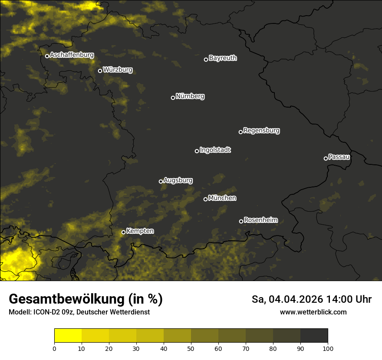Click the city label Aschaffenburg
pyautogui.click(x=72, y=55)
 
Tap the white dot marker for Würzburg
pyautogui.click(x=100, y=71)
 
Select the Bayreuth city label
pyautogui.click(x=223, y=58)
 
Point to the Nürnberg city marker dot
pyautogui.click(x=173, y=98)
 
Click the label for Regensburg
pyautogui.click(x=261, y=131)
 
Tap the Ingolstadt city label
pyautogui.click(x=215, y=150)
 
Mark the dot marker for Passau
pyautogui.click(x=326, y=158)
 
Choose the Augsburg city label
pyautogui.click(x=178, y=180)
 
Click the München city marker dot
pyautogui.click(x=205, y=199)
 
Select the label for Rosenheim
pyautogui.click(x=260, y=220)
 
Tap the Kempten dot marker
pyautogui.click(x=123, y=232)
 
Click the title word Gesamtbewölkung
pyautogui.click(x=65, y=299)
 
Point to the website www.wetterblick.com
pyautogui.click(x=313, y=312)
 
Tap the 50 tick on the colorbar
pyautogui.click(x=191, y=348)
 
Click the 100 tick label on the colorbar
pyautogui.click(x=328, y=348)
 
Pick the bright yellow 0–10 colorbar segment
pyautogui.click(x=68, y=335)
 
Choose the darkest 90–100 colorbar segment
pyautogui.click(x=314, y=335)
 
